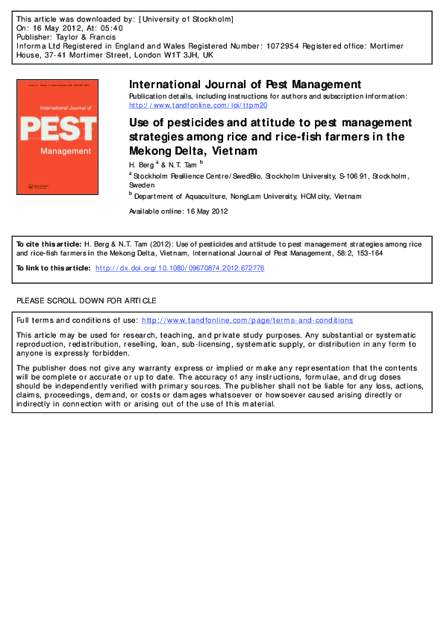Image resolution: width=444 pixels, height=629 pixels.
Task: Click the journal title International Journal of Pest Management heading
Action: pos(245,84)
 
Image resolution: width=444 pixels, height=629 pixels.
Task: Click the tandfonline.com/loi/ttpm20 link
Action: pos(198,105)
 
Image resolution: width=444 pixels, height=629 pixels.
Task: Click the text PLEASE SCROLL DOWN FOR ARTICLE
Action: pos(87,300)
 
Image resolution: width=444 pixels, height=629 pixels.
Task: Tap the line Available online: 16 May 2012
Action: pos(179,211)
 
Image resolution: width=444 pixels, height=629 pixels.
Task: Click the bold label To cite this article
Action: pos(49,244)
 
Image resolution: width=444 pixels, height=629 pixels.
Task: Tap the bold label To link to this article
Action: pos(52,267)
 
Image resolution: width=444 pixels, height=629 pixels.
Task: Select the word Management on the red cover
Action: pos(61,151)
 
